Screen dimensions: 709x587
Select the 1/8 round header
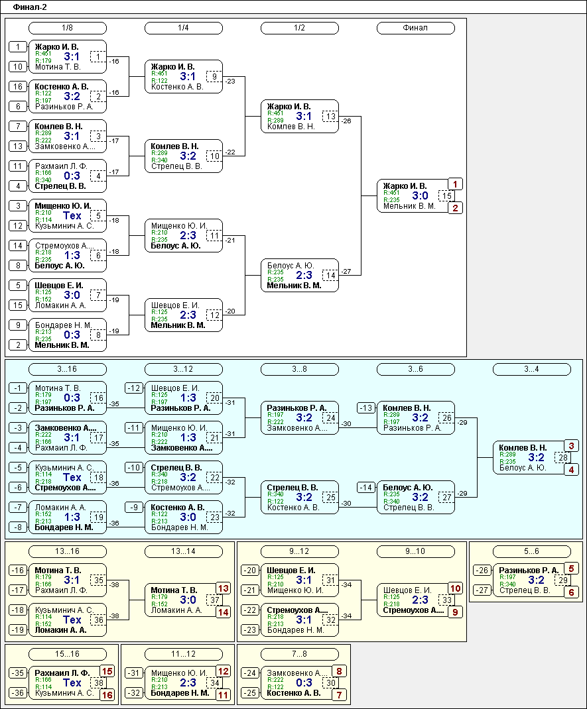click(67, 28)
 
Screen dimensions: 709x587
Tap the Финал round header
click(415, 28)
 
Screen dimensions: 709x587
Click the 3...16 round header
click(67, 369)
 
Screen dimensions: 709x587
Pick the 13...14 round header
click(183, 551)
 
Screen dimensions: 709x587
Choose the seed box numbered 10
click(19, 66)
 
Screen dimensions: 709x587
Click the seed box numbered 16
click(19, 86)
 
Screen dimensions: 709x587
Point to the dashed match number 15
click(448, 195)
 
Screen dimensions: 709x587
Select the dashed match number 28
click(564, 458)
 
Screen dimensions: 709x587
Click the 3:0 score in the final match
click(421, 195)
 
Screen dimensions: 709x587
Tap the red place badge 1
click(456, 184)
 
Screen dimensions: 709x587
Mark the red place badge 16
click(107, 695)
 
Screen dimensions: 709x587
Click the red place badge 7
click(340, 695)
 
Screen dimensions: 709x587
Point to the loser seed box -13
click(366, 408)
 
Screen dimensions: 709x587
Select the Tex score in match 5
click(72, 215)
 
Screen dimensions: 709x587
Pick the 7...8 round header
click(299, 654)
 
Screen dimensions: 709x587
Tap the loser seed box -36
click(19, 693)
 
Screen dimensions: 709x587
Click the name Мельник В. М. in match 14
click(294, 286)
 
